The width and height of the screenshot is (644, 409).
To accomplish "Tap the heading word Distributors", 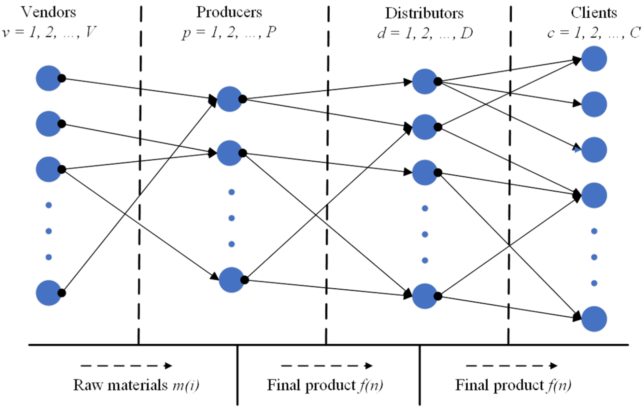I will pos(424,13).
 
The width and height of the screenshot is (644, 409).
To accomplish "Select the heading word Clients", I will pos(594,13).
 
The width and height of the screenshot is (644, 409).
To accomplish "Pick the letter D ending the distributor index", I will pos(466,34).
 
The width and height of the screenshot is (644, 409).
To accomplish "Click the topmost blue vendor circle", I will pos(48,78).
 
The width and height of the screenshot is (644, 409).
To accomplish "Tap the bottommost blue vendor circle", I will pos(48,293).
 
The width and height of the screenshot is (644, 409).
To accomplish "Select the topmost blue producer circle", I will pos(229,99).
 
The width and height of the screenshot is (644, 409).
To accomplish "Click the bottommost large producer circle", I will pos(231,280).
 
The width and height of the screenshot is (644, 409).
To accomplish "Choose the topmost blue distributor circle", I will pos(424,82).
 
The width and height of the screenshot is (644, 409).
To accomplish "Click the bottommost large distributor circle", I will pos(424,296).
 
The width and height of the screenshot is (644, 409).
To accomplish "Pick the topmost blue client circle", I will pos(594,59).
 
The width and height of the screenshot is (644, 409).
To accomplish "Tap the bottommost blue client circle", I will pos(594,319).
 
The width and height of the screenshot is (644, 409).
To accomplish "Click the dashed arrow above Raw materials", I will pos(126,366).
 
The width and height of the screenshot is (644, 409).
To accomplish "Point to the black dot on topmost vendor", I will pos(61,78).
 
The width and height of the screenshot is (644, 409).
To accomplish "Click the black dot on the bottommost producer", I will pos(244,280).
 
